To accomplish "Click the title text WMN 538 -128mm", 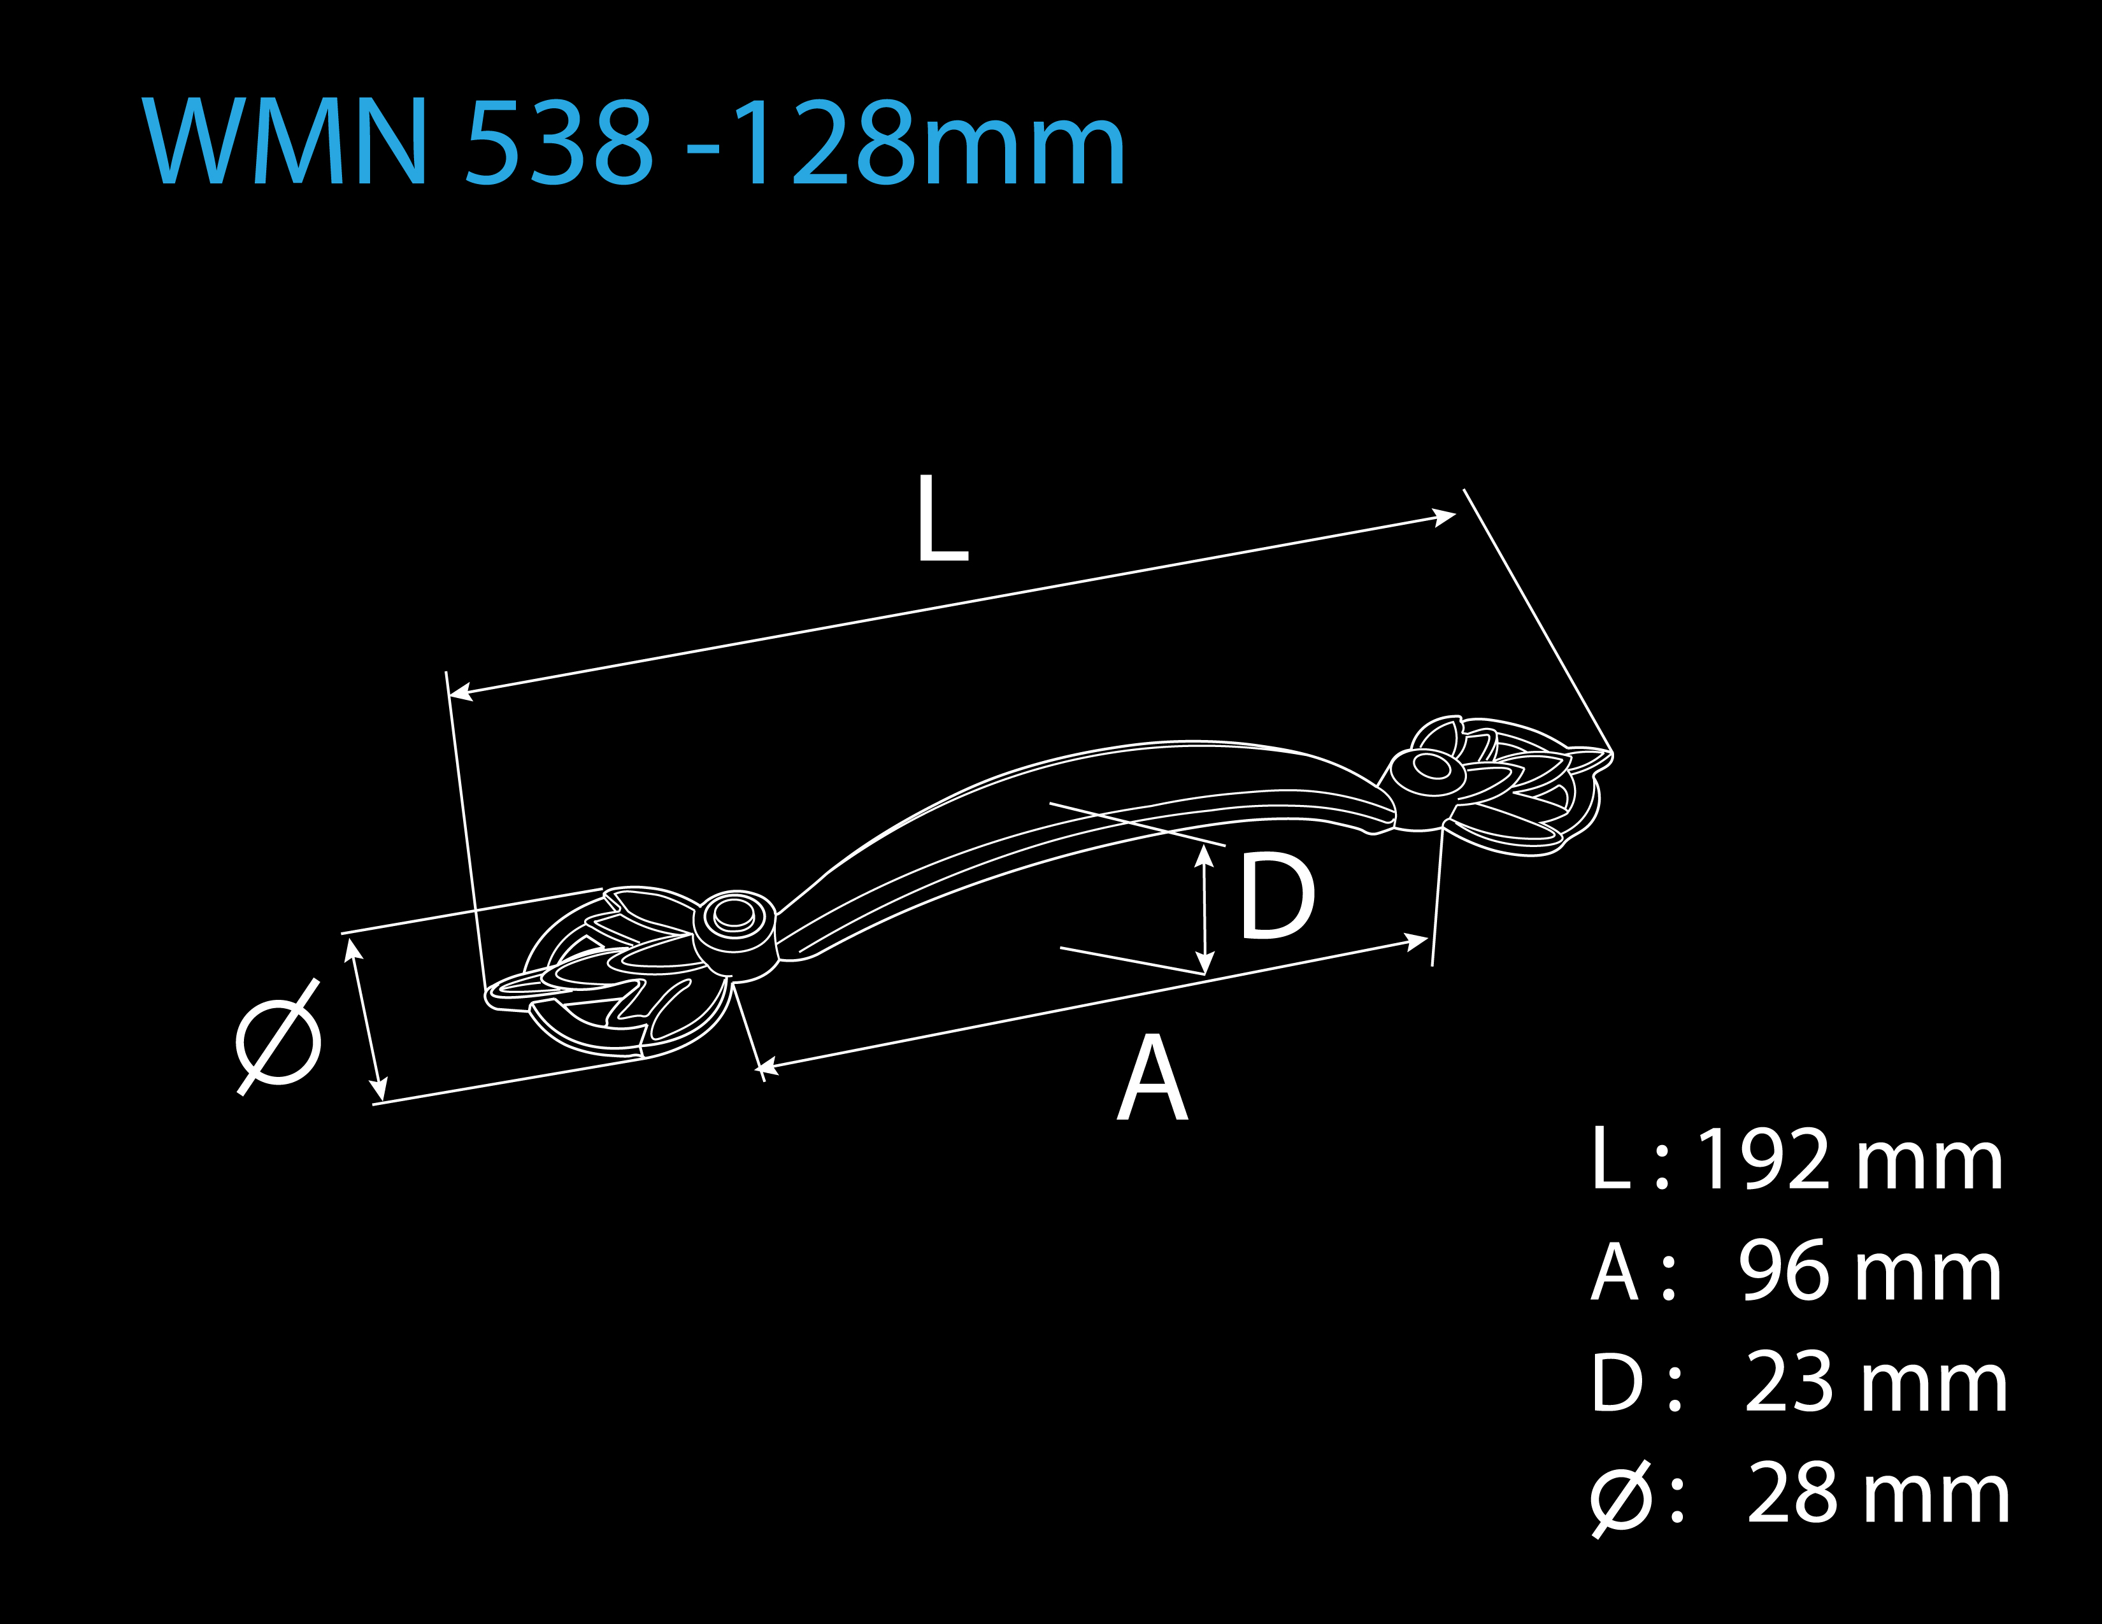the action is tap(633, 141).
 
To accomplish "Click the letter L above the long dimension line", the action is tap(942, 518).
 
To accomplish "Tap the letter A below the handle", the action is tap(1152, 1078).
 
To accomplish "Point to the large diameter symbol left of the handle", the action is tap(278, 1037).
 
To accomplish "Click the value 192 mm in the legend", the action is tap(1849, 1160).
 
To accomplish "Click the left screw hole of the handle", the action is tap(734, 915).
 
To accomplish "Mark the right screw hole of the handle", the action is tap(1431, 766).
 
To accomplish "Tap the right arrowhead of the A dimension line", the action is tap(1416, 941).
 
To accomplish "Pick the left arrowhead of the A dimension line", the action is tap(767, 1066).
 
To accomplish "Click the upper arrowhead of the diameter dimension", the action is tap(354, 950).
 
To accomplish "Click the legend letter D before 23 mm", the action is tap(1617, 1383).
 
